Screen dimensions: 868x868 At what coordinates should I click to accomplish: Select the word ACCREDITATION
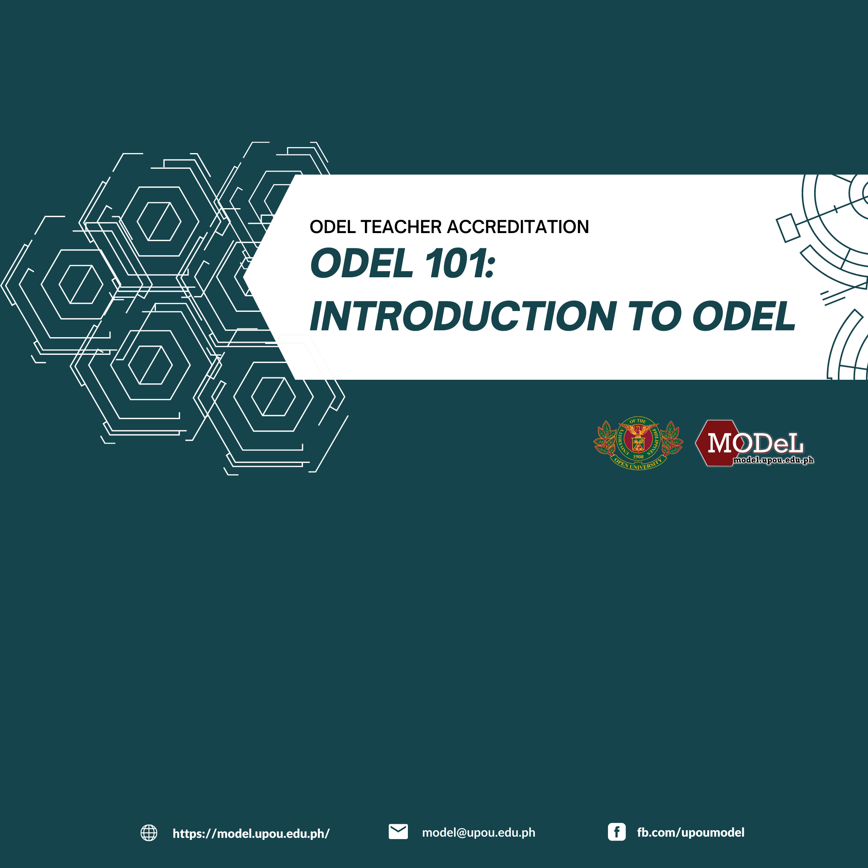click(518, 227)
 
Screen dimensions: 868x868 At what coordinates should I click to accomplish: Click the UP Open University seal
click(638, 443)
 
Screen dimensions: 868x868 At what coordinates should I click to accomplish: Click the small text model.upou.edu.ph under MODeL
click(773, 460)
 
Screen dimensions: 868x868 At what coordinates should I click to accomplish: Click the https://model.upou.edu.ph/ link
click(251, 833)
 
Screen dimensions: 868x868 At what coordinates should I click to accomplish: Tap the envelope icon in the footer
click(398, 831)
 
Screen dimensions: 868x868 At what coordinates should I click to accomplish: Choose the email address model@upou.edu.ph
click(479, 833)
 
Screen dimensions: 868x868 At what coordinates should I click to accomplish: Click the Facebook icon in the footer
click(616, 832)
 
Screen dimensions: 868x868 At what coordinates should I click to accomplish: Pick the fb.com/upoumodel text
click(690, 833)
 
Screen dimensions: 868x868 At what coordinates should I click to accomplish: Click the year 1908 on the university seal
click(639, 457)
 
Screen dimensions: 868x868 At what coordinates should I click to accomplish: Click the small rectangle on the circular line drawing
click(788, 228)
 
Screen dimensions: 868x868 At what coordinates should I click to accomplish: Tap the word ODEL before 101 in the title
click(362, 263)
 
